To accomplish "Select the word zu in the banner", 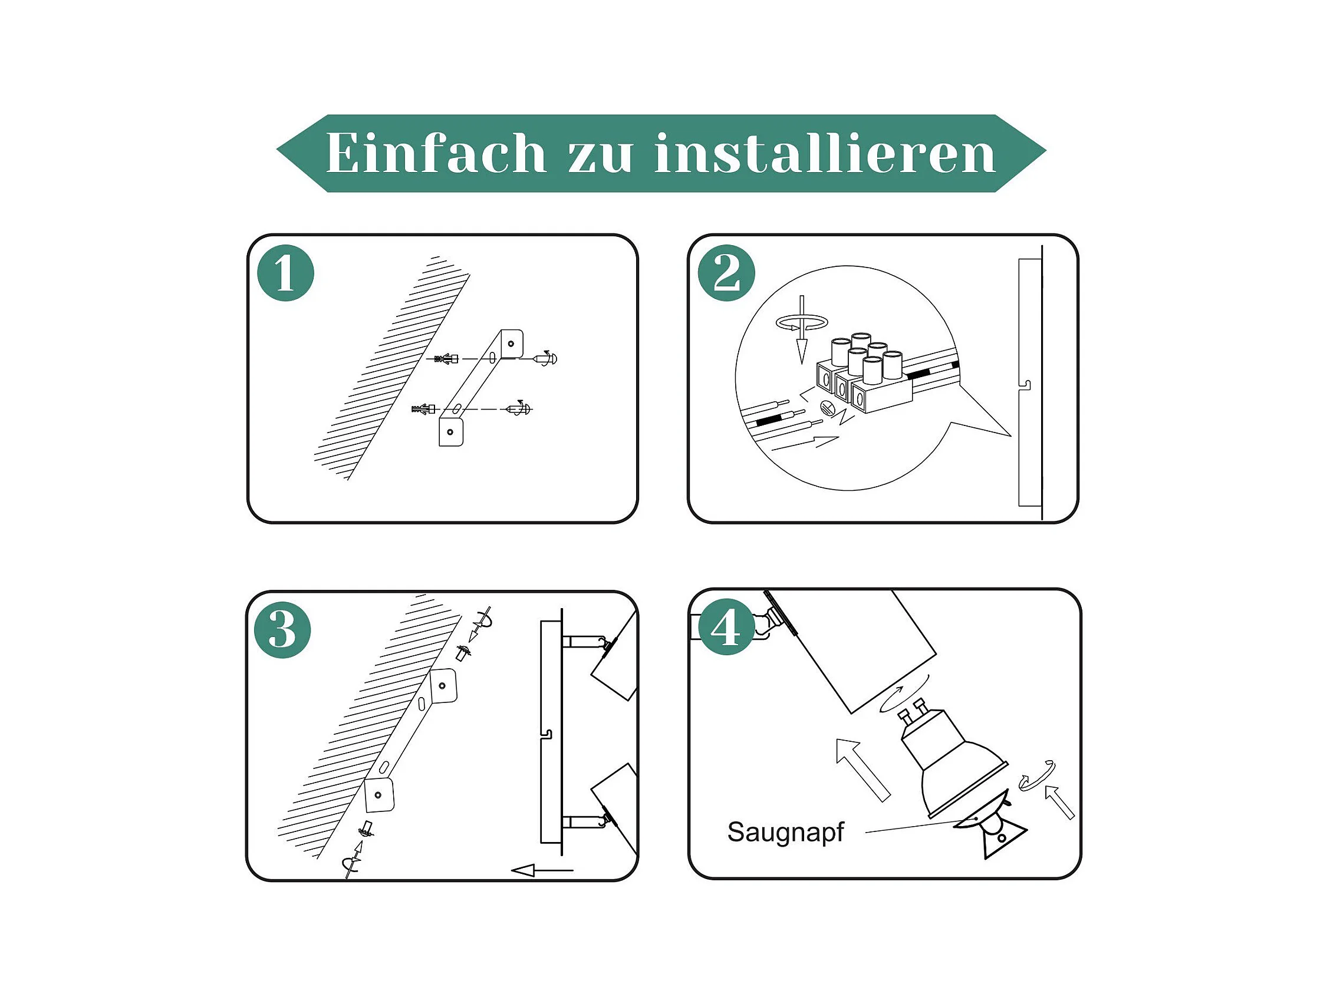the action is pos(600,157).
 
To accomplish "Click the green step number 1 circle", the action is pos(285,273).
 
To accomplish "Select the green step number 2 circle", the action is pos(726,273).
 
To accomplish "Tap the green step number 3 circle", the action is pos(282,630).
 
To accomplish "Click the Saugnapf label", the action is pos(785,833).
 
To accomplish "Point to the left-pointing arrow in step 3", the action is pos(542,870).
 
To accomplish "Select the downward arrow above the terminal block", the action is pos(802,329).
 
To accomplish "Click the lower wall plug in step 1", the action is pos(424,410).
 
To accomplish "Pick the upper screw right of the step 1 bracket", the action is pos(546,358).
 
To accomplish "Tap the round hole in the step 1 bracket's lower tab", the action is pos(450,432).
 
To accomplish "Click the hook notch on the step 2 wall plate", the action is pos(1025,385).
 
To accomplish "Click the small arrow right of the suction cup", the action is pos(1059,802).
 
